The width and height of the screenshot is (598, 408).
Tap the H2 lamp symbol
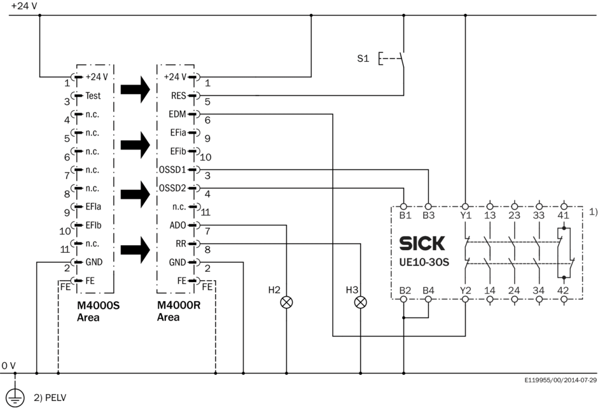click(x=286, y=302)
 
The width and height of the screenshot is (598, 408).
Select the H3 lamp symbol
click(x=361, y=302)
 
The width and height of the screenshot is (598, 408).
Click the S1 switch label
click(x=363, y=59)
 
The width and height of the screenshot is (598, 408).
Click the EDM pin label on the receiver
click(x=178, y=115)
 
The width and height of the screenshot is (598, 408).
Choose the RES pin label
click(x=179, y=97)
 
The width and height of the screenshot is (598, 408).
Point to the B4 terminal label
click(x=428, y=290)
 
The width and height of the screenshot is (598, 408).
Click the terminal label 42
click(x=564, y=290)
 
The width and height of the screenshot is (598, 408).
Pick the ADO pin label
click(x=179, y=225)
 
